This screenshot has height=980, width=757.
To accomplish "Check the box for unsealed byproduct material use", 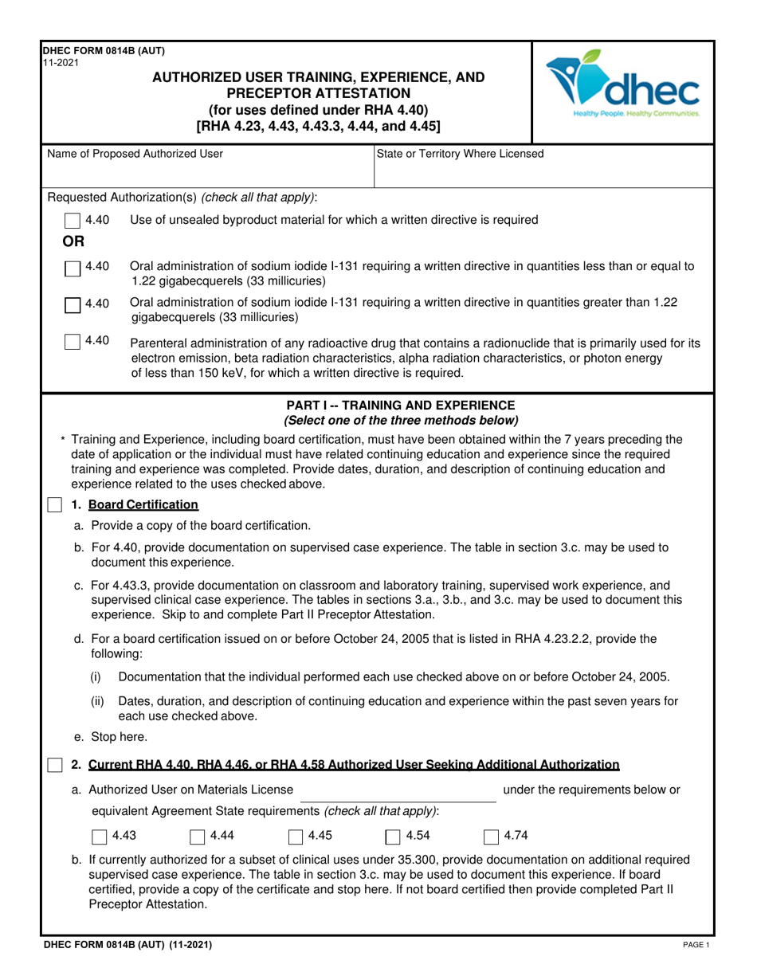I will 72,220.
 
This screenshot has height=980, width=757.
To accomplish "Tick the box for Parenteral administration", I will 72,342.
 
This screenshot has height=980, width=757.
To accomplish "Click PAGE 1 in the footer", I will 695,945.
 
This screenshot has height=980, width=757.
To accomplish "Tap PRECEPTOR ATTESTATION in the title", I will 318,93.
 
